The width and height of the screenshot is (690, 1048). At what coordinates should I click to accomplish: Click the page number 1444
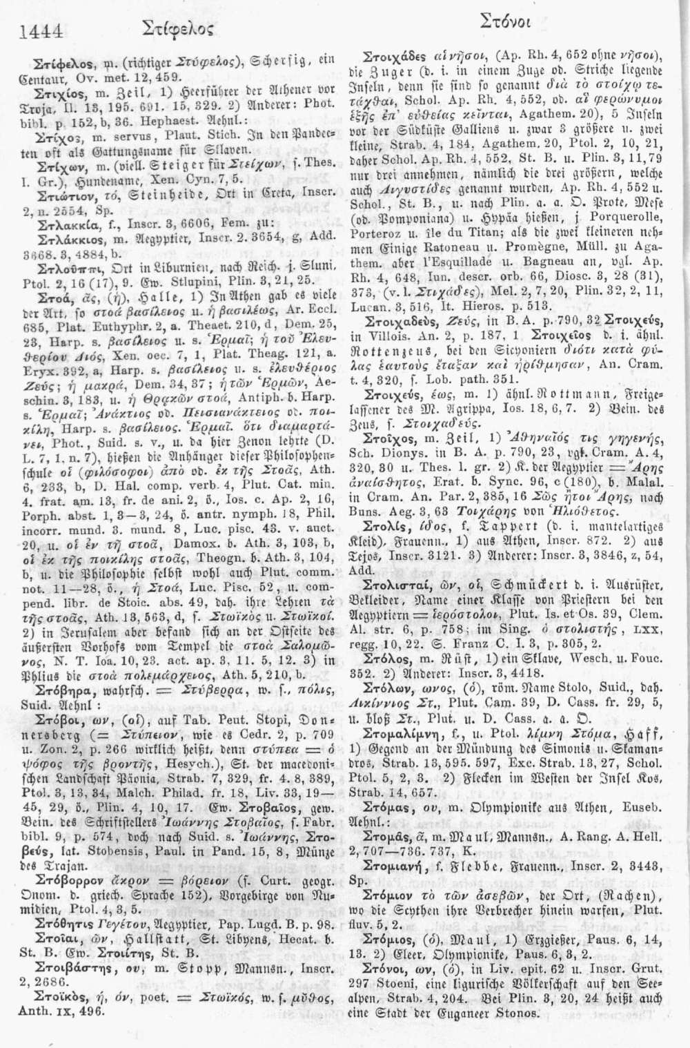[x=42, y=30]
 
